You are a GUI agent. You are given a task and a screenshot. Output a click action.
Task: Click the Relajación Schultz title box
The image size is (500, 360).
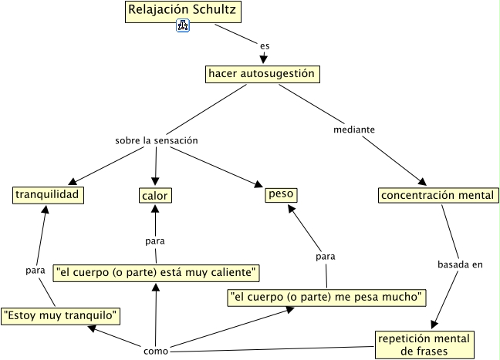(x=182, y=12)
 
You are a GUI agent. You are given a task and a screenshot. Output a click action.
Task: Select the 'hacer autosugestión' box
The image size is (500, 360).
(x=262, y=74)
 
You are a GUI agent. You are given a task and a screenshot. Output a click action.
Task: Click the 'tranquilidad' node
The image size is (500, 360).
(x=48, y=195)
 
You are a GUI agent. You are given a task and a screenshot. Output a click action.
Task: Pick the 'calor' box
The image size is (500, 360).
(x=155, y=196)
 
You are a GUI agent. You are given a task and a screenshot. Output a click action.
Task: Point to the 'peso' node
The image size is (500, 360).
(x=281, y=194)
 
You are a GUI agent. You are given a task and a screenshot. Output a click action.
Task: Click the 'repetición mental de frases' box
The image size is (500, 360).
(x=424, y=345)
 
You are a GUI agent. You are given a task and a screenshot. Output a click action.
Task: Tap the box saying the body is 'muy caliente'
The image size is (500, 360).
(x=156, y=272)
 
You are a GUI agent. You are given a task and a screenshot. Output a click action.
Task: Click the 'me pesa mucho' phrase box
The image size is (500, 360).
(x=327, y=295)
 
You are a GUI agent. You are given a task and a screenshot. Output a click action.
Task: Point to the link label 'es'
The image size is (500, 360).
(x=265, y=46)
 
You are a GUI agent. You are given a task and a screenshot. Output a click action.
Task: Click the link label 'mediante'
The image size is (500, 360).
(x=354, y=130)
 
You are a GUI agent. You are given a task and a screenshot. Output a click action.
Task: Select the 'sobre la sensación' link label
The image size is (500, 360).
(x=157, y=141)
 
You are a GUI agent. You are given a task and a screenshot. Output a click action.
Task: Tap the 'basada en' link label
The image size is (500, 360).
(x=460, y=264)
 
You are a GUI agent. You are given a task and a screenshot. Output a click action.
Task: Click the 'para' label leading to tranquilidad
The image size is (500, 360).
(x=35, y=270)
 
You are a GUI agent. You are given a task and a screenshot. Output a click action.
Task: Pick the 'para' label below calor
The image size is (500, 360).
(x=155, y=241)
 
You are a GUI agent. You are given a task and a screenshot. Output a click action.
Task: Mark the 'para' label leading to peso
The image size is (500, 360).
(x=326, y=255)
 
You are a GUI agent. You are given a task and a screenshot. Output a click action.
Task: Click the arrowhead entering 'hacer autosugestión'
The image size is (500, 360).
(x=264, y=59)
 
